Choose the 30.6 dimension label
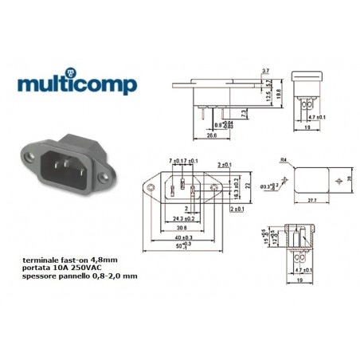coord(182,227)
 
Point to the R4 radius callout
coord(283,161)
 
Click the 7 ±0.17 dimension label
coord(174,162)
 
